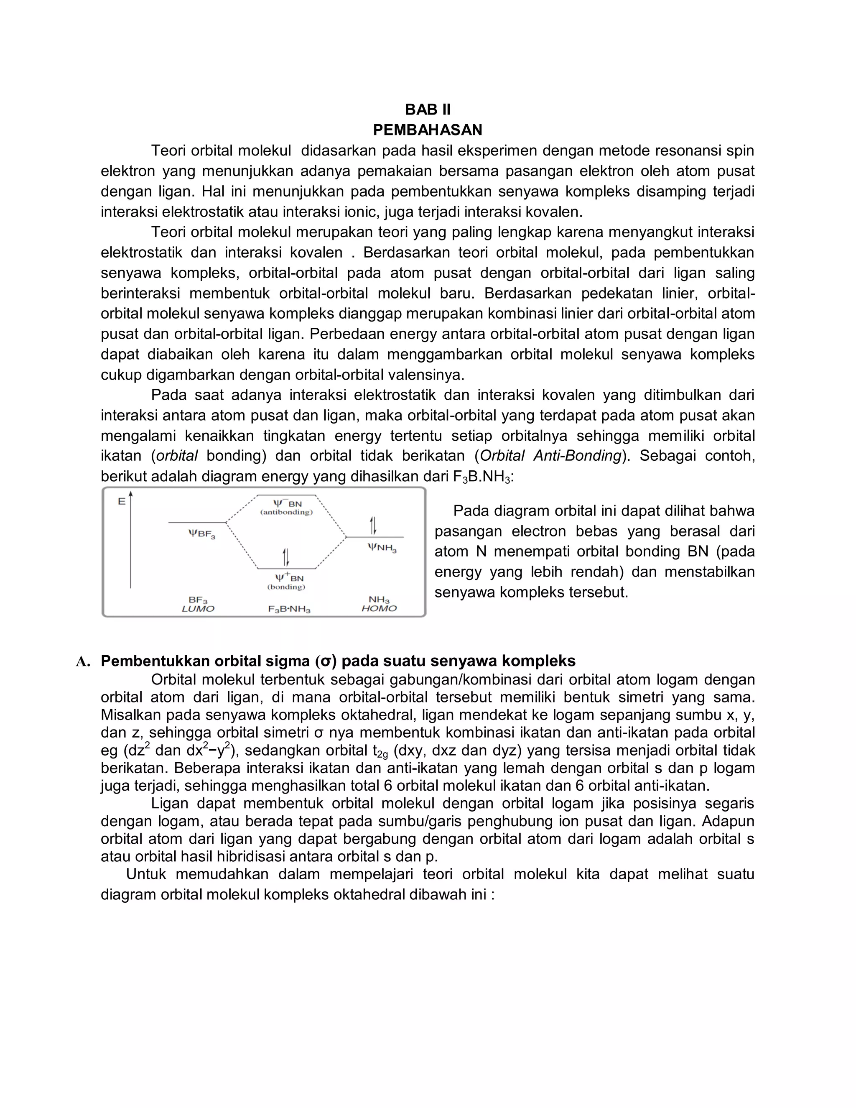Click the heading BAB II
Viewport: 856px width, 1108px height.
428,110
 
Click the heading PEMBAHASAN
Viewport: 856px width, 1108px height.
428,130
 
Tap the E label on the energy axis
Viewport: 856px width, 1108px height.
121,502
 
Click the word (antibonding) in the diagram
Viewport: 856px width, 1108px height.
286,513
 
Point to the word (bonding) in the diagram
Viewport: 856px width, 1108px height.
286,587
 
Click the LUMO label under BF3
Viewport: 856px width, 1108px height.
198,609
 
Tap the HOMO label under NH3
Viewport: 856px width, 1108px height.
379,608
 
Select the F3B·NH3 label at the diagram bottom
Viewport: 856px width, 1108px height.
289,609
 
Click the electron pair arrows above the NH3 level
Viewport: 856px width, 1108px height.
373,526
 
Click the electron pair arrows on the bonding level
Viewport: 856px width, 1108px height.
286,557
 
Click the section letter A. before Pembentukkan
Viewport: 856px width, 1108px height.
83,661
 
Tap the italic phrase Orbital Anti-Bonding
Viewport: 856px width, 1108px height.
550,456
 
